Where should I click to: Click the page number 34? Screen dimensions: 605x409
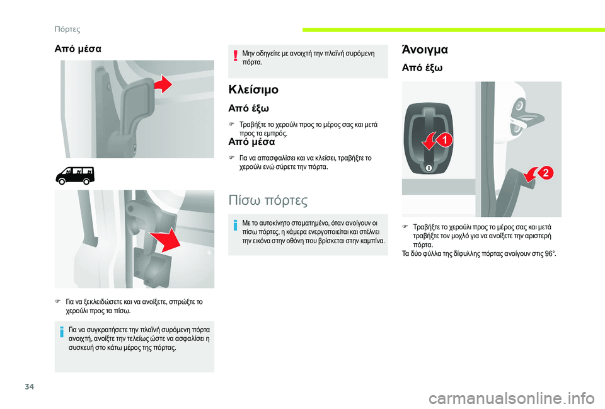30,386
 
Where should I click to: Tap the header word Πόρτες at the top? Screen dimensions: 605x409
67,30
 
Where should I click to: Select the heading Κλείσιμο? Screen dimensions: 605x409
253,89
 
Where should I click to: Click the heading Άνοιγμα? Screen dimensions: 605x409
425,49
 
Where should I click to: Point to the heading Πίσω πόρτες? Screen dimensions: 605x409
268,200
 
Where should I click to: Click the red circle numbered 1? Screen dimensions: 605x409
444,140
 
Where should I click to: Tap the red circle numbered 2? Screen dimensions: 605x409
546,173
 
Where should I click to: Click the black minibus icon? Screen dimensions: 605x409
75,176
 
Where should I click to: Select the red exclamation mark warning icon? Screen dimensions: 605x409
235,56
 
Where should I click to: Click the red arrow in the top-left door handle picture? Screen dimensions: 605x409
164,84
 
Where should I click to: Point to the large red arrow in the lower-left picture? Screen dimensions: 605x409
166,240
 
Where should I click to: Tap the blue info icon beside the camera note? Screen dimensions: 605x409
235,225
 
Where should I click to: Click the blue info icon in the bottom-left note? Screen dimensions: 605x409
62,332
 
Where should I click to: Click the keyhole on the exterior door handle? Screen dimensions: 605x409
428,168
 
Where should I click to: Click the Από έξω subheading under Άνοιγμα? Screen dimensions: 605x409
422,68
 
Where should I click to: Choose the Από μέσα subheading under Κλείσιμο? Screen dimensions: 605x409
251,142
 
